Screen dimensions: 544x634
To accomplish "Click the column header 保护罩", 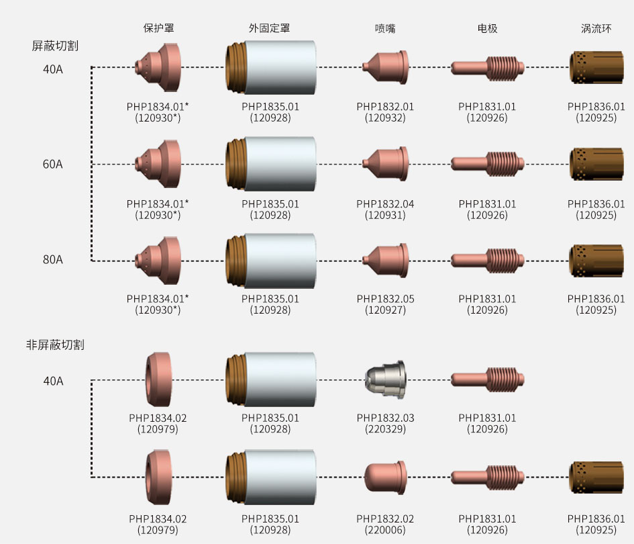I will (159, 28).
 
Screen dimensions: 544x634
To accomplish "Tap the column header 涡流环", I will (596, 28).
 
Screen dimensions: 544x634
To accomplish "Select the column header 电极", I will (487, 28).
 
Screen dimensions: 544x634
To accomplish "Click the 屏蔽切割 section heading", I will (55, 46).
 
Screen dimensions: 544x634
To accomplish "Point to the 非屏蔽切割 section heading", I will (55, 345).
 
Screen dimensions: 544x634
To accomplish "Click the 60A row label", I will (53, 165).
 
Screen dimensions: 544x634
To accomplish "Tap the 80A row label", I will (53, 260).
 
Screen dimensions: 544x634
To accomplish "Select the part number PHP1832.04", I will (385, 203).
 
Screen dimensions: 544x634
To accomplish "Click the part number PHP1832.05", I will (385, 299).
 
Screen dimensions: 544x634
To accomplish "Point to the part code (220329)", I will (385, 428).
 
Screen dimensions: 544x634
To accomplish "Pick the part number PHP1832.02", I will (385, 518).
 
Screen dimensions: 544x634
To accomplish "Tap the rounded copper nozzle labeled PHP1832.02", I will (386, 476).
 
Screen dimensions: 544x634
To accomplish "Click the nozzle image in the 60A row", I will (385, 164).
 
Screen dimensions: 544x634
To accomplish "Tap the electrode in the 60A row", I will (487, 163).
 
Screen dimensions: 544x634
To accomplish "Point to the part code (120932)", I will (385, 118).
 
